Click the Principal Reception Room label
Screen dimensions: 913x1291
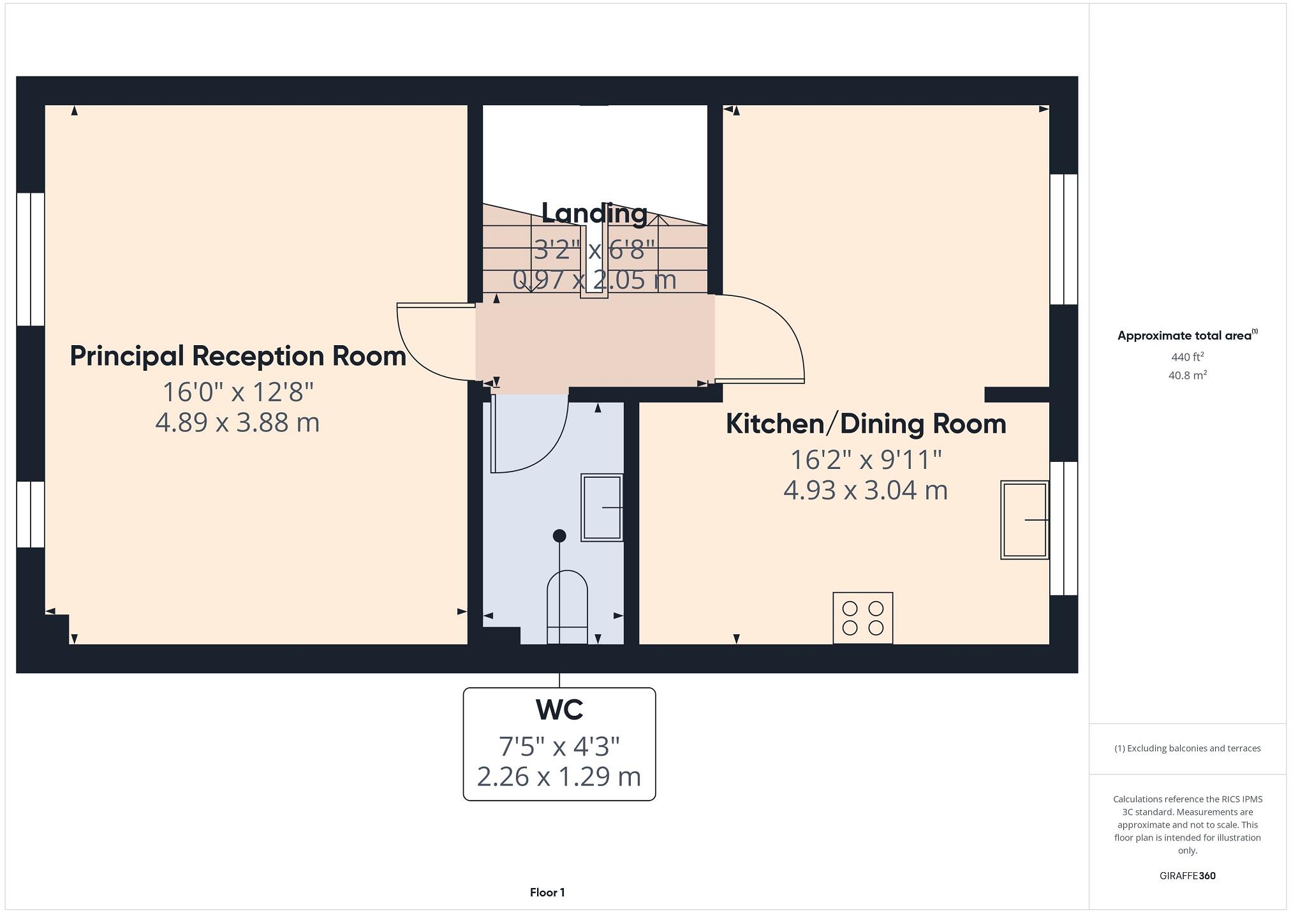[237, 356]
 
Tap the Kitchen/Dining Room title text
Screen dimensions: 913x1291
[866, 424]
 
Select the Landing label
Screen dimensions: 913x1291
[594, 213]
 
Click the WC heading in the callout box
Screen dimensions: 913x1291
[559, 709]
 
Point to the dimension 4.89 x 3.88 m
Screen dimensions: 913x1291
[237, 423]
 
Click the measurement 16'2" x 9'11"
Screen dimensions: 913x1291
[866, 459]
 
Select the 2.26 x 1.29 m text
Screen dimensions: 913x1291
[559, 776]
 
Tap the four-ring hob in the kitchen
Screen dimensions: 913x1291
[862, 618]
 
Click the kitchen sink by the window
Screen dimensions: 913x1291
[1024, 520]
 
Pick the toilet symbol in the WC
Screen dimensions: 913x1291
[567, 606]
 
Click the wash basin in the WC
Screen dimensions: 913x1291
[601, 507]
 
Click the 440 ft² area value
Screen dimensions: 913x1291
[1187, 357]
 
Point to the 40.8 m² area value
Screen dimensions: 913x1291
[1187, 375]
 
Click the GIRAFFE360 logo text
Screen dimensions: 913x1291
[1187, 876]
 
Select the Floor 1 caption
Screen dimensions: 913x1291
[547, 893]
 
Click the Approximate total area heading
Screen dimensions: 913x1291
[1186, 336]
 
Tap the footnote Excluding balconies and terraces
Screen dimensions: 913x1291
[1187, 748]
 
